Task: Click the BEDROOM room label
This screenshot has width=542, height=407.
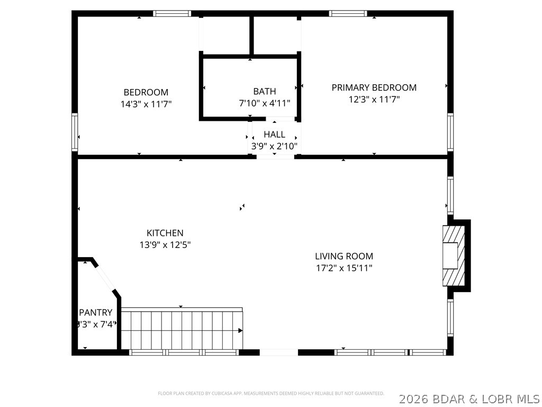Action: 146,92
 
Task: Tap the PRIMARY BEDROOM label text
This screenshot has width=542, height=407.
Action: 374,87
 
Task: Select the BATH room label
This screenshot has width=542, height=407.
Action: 264,91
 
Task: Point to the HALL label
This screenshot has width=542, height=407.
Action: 274,135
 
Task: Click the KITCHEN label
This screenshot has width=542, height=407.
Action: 165,233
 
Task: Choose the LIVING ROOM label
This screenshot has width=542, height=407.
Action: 344,256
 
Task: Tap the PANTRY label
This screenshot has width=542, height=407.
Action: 96,313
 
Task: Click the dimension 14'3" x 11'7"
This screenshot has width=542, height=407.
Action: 146,104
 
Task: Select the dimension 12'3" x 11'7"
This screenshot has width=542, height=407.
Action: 374,99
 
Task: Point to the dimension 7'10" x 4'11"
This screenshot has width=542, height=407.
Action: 264,103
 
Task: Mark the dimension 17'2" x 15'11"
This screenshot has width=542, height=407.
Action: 344,268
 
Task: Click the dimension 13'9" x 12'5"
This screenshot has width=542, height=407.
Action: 165,244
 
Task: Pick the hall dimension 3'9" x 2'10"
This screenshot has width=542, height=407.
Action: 274,146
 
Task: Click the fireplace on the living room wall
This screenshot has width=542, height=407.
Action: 454,256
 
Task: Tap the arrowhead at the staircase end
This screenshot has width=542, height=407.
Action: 240,331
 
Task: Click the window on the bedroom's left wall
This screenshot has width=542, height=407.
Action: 75,132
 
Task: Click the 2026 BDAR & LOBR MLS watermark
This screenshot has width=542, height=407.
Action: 469,397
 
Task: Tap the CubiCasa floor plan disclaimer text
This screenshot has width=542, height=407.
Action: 270,393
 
